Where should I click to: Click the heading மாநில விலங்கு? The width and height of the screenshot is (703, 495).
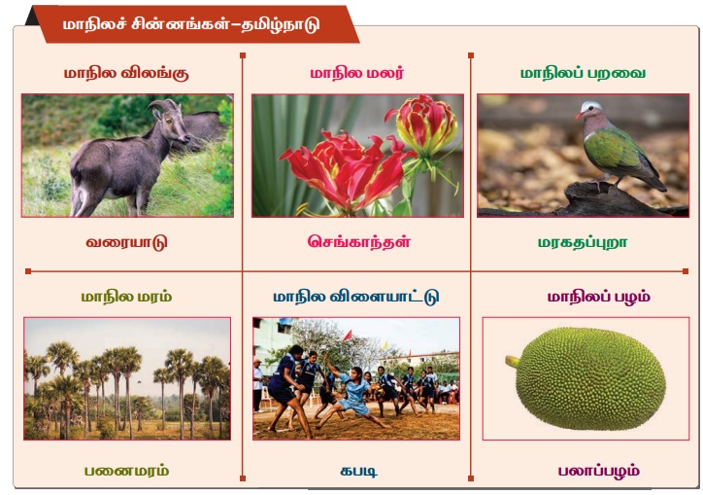[x=126, y=73]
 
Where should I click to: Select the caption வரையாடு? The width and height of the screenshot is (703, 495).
[x=126, y=242]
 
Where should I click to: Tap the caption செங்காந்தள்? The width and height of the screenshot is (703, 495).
[x=358, y=242]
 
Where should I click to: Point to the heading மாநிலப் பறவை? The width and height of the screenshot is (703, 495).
[x=583, y=73]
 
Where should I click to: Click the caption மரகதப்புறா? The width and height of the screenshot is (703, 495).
[x=583, y=242]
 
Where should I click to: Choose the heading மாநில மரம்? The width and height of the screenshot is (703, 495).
[x=126, y=297]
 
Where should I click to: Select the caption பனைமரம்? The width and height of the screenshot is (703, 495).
[x=126, y=471]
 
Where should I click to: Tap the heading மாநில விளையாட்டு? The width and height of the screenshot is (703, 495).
[x=356, y=297]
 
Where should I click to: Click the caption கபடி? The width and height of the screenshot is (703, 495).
[x=358, y=472]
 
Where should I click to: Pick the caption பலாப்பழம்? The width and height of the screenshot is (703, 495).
[x=598, y=472]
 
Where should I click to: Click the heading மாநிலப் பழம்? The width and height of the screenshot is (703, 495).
[x=598, y=297]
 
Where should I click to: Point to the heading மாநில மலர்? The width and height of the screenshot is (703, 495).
[x=357, y=73]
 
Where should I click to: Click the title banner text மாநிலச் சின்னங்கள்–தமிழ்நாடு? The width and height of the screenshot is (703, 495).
[x=191, y=24]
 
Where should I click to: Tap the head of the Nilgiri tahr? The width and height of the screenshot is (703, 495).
[x=170, y=119]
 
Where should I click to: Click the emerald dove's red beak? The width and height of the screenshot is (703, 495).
[x=579, y=116]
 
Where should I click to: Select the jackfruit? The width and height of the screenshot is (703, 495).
[x=586, y=378]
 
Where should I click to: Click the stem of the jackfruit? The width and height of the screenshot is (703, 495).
[x=513, y=361]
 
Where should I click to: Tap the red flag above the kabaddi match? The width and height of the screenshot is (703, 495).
[x=348, y=336]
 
